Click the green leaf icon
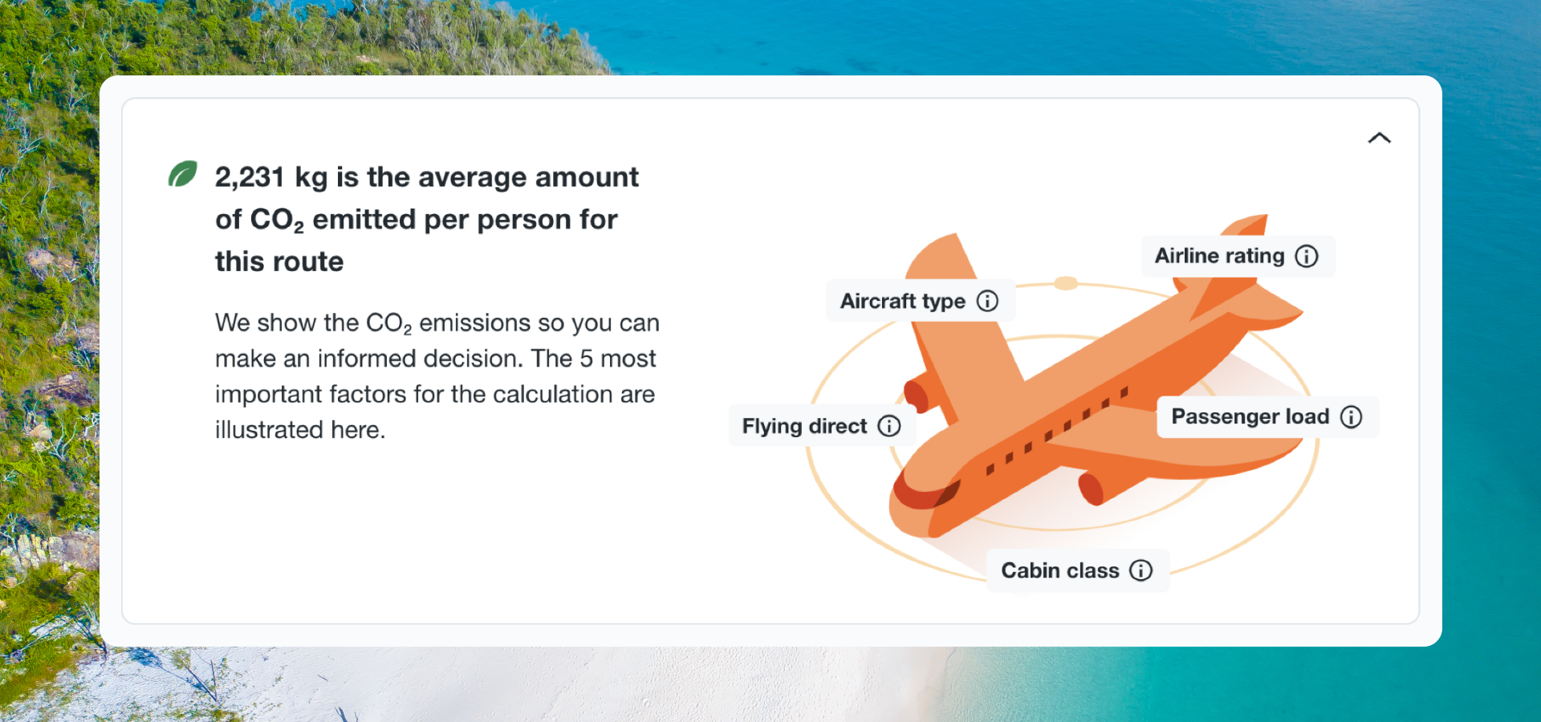click(x=182, y=173)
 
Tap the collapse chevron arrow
click(x=1379, y=138)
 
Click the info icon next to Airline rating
click(x=1307, y=256)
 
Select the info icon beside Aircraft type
click(x=987, y=301)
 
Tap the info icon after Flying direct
click(x=889, y=425)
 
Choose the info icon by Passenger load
click(x=1352, y=416)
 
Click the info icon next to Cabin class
click(x=1141, y=570)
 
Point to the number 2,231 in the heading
click(x=250, y=177)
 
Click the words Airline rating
click(x=1219, y=256)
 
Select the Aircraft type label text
click(x=903, y=301)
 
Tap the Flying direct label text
click(x=805, y=426)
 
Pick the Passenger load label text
click(x=1250, y=416)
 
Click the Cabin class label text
click(x=1060, y=570)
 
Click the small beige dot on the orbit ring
click(x=1066, y=283)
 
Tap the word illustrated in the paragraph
click(x=270, y=430)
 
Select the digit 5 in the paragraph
click(x=587, y=359)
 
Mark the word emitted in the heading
click(x=364, y=220)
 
